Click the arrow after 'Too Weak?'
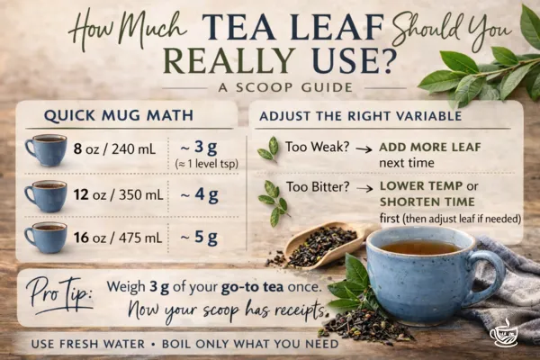coord(362,146)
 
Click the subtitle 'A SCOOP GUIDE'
coord(275,86)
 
